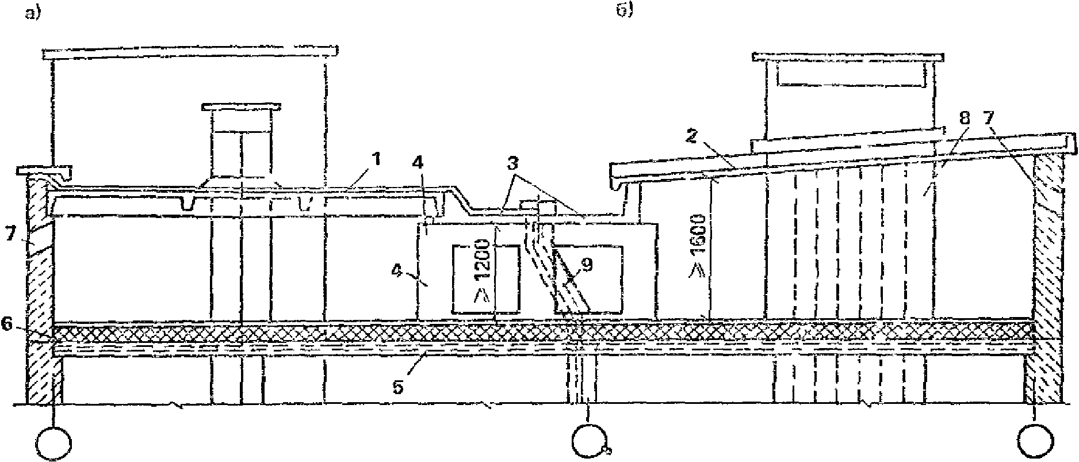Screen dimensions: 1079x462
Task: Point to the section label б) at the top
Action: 625,11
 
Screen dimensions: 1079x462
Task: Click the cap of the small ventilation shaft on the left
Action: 242,108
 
